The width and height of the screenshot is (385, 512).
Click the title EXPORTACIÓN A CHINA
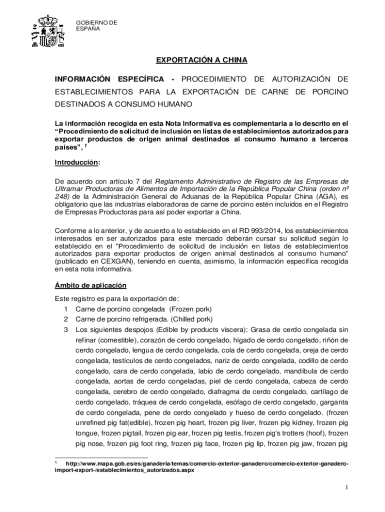coord(201,60)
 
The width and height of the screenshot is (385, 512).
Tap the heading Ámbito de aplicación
coord(90,285)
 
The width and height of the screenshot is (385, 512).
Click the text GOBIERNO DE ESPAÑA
coord(96,25)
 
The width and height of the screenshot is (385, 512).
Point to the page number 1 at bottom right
coord(346,487)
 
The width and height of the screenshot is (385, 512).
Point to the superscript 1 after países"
coord(85,146)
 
